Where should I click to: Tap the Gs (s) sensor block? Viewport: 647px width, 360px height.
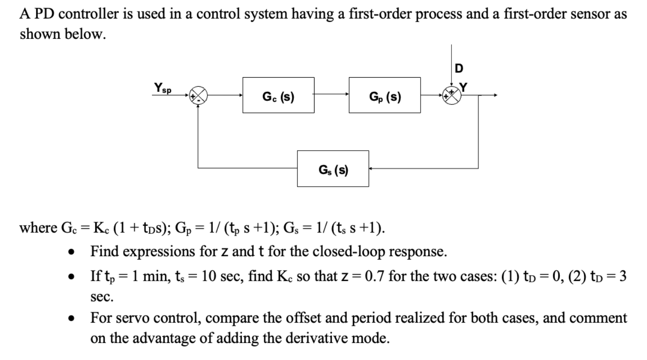[332, 168]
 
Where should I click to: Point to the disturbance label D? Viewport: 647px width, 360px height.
[458, 68]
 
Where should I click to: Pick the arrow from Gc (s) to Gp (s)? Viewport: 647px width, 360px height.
[331, 95]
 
